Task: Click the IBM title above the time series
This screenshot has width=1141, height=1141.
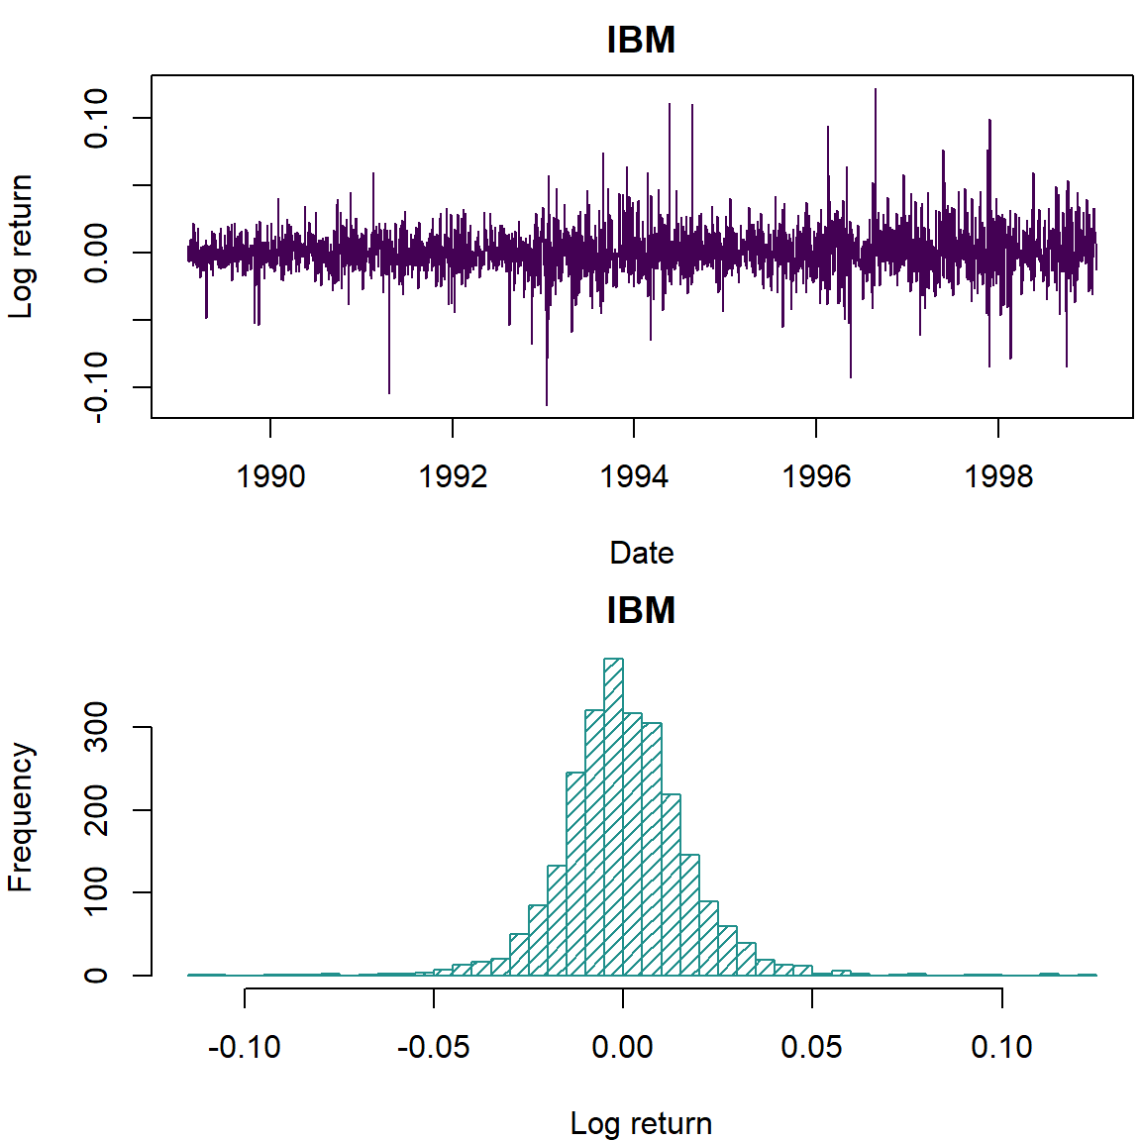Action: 641,40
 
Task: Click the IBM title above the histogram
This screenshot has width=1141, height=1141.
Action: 641,610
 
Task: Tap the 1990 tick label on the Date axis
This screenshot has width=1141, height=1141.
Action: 270,476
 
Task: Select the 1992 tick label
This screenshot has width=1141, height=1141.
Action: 453,476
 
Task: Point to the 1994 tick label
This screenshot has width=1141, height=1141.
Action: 634,476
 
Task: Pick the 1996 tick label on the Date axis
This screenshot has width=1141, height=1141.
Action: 816,476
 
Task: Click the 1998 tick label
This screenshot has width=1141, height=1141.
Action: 998,476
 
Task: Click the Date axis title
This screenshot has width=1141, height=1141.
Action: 641,553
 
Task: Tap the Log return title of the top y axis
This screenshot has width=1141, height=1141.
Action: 21,247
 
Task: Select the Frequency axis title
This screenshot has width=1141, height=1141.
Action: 21,818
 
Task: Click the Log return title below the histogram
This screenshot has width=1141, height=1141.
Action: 641,1123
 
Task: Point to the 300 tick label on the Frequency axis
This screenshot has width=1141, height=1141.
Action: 96,727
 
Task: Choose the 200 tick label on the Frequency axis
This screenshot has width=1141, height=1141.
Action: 96,810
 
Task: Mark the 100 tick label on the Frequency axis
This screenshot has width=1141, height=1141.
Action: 96,892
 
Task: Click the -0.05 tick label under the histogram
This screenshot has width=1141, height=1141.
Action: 433,1047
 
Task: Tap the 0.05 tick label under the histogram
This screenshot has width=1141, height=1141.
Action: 812,1047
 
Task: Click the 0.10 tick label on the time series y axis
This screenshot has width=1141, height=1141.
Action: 96,118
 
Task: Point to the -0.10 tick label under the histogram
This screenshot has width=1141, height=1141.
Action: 244,1047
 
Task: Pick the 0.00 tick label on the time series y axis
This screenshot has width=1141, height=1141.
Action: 96,253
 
